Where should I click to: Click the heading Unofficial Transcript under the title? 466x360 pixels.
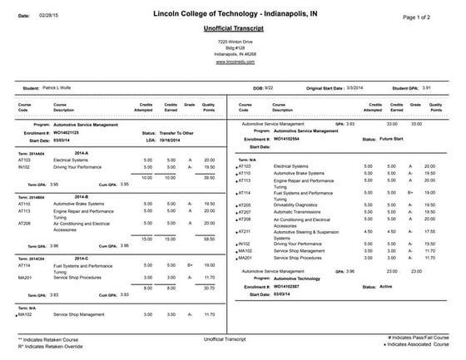pyautogui.click(x=232, y=28)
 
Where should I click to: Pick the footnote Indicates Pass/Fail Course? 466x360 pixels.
pyautogui.click(x=418, y=338)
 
